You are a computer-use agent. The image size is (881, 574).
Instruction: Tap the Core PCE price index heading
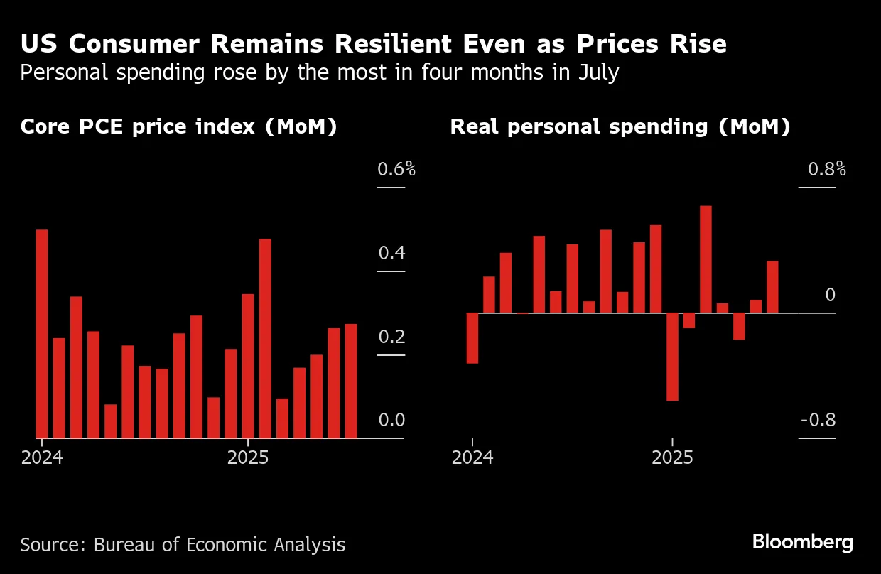(x=178, y=127)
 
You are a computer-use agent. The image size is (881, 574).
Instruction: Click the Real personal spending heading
(x=620, y=127)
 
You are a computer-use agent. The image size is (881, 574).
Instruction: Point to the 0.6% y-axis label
(x=396, y=170)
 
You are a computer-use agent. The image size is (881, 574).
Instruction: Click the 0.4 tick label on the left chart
(x=391, y=254)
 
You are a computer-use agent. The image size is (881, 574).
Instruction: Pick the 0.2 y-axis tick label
(x=391, y=337)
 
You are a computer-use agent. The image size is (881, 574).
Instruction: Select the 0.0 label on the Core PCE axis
(x=391, y=421)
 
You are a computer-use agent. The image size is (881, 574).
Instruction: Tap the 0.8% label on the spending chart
(x=826, y=170)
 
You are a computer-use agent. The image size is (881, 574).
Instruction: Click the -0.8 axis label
(x=818, y=421)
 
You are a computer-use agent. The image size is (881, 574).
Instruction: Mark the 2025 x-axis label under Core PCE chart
(x=248, y=457)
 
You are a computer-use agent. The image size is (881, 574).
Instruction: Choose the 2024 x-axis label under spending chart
(x=472, y=457)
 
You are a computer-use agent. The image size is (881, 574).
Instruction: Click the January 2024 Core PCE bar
(x=42, y=334)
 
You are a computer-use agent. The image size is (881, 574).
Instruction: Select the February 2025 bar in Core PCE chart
(x=265, y=338)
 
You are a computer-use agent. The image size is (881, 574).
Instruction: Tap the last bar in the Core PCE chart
(x=351, y=381)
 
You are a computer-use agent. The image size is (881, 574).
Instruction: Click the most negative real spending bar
(x=672, y=357)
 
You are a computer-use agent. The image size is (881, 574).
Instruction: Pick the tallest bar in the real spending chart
(x=706, y=259)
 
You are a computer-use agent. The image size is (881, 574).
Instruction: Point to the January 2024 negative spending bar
(x=472, y=338)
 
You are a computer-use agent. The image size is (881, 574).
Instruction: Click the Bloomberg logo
(x=803, y=543)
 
